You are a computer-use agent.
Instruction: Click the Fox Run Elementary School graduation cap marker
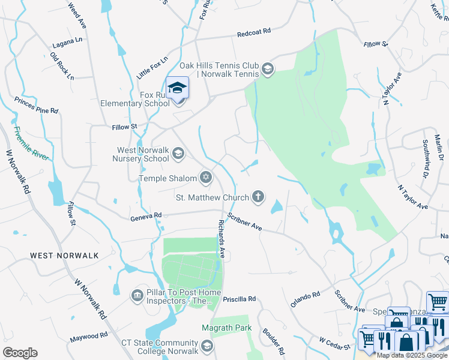[178, 88]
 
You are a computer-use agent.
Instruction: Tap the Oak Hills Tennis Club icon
[267, 70]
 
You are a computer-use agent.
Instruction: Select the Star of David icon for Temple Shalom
[206, 177]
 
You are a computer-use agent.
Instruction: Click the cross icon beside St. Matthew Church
[258, 196]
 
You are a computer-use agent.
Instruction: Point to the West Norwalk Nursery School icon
[178, 154]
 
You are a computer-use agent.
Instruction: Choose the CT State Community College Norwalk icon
[207, 346]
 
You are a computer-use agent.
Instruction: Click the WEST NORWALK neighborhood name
[64, 256]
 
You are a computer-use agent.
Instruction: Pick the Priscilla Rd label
[239, 298]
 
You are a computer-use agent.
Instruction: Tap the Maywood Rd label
[88, 335]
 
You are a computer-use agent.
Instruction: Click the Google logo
[20, 353]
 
